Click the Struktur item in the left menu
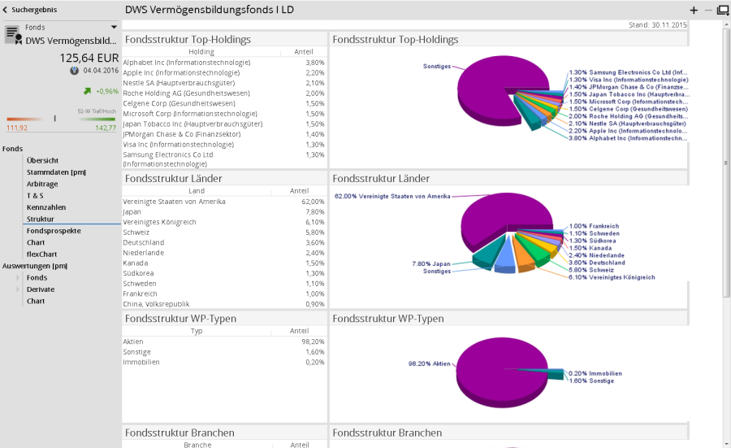(40, 219)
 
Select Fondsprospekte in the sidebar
(54, 231)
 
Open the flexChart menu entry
(42, 254)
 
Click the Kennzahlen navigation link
(45, 207)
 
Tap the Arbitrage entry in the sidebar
(42, 184)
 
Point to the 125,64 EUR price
(89, 58)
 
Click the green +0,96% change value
(106, 91)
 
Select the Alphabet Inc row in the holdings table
(186, 63)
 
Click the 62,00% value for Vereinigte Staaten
(313, 201)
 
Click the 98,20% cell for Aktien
(313, 341)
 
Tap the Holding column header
(201, 51)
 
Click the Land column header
(196, 190)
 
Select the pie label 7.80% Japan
(431, 263)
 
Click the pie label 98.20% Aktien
(429, 363)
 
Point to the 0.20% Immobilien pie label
(595, 373)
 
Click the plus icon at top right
(694, 11)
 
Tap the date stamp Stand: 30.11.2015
(658, 25)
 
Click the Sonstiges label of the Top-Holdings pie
(436, 66)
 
